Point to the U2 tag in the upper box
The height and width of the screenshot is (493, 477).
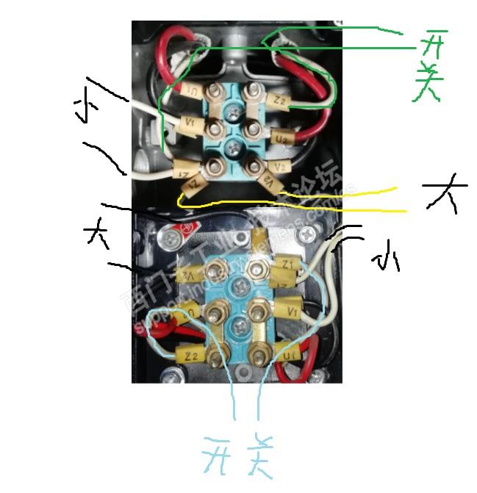(281, 136)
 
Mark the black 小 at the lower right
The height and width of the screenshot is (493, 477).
(384, 259)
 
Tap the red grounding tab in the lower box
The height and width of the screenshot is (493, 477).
(179, 237)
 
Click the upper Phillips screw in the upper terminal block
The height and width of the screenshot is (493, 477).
(234, 112)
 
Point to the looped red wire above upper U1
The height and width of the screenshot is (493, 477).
(173, 51)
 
